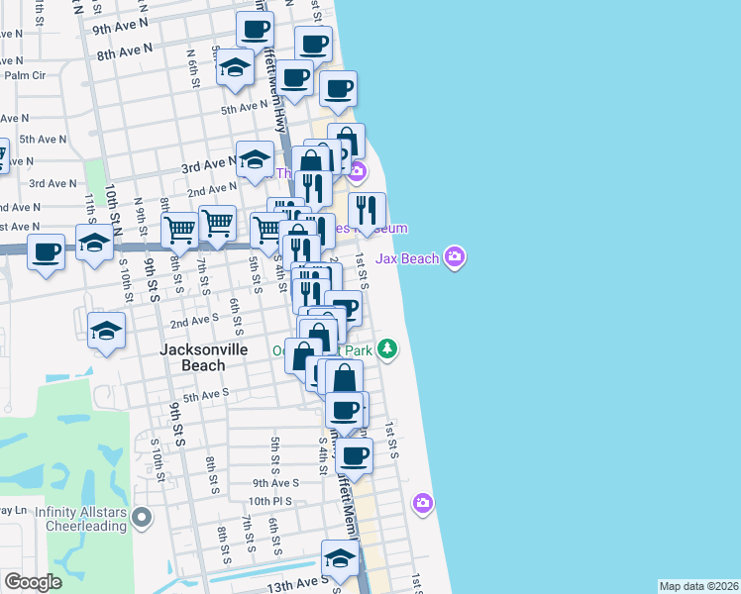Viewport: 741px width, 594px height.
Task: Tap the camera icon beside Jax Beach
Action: tap(455, 258)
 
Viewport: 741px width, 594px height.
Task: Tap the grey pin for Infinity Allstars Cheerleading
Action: tap(144, 516)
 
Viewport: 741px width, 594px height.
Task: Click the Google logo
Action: tap(33, 582)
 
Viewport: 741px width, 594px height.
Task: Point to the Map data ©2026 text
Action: tap(698, 586)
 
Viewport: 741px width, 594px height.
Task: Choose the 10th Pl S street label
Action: tap(273, 502)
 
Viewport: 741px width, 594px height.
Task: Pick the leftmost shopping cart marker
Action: tap(179, 231)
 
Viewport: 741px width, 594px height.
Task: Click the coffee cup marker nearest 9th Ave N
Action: tap(256, 30)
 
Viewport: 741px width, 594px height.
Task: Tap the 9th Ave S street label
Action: tap(275, 483)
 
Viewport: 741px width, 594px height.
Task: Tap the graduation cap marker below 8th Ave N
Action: tap(235, 67)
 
